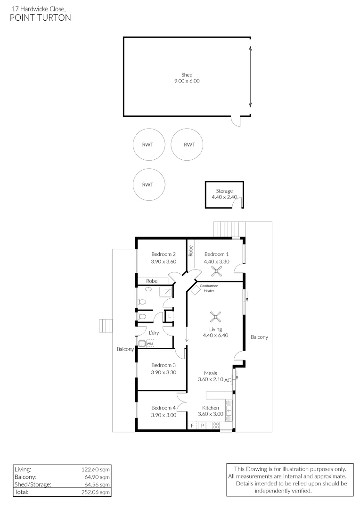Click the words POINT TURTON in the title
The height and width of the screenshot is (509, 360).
[x=40, y=18]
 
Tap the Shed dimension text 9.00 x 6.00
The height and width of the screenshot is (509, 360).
[x=187, y=81]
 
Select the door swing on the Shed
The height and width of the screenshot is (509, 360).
[x=236, y=122]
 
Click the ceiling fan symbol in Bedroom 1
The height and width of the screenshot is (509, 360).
[x=217, y=271]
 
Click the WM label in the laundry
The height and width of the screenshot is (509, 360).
[x=149, y=344]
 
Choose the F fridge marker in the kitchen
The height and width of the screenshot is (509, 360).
[x=192, y=426]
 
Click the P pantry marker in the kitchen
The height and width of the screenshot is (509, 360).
[x=203, y=426]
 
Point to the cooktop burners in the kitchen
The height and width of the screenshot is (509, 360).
[x=216, y=425]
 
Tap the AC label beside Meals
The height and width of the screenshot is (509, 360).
[x=227, y=380]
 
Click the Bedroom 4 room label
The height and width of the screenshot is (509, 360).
[x=164, y=408]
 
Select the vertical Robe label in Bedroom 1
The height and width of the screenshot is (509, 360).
[x=191, y=250]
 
